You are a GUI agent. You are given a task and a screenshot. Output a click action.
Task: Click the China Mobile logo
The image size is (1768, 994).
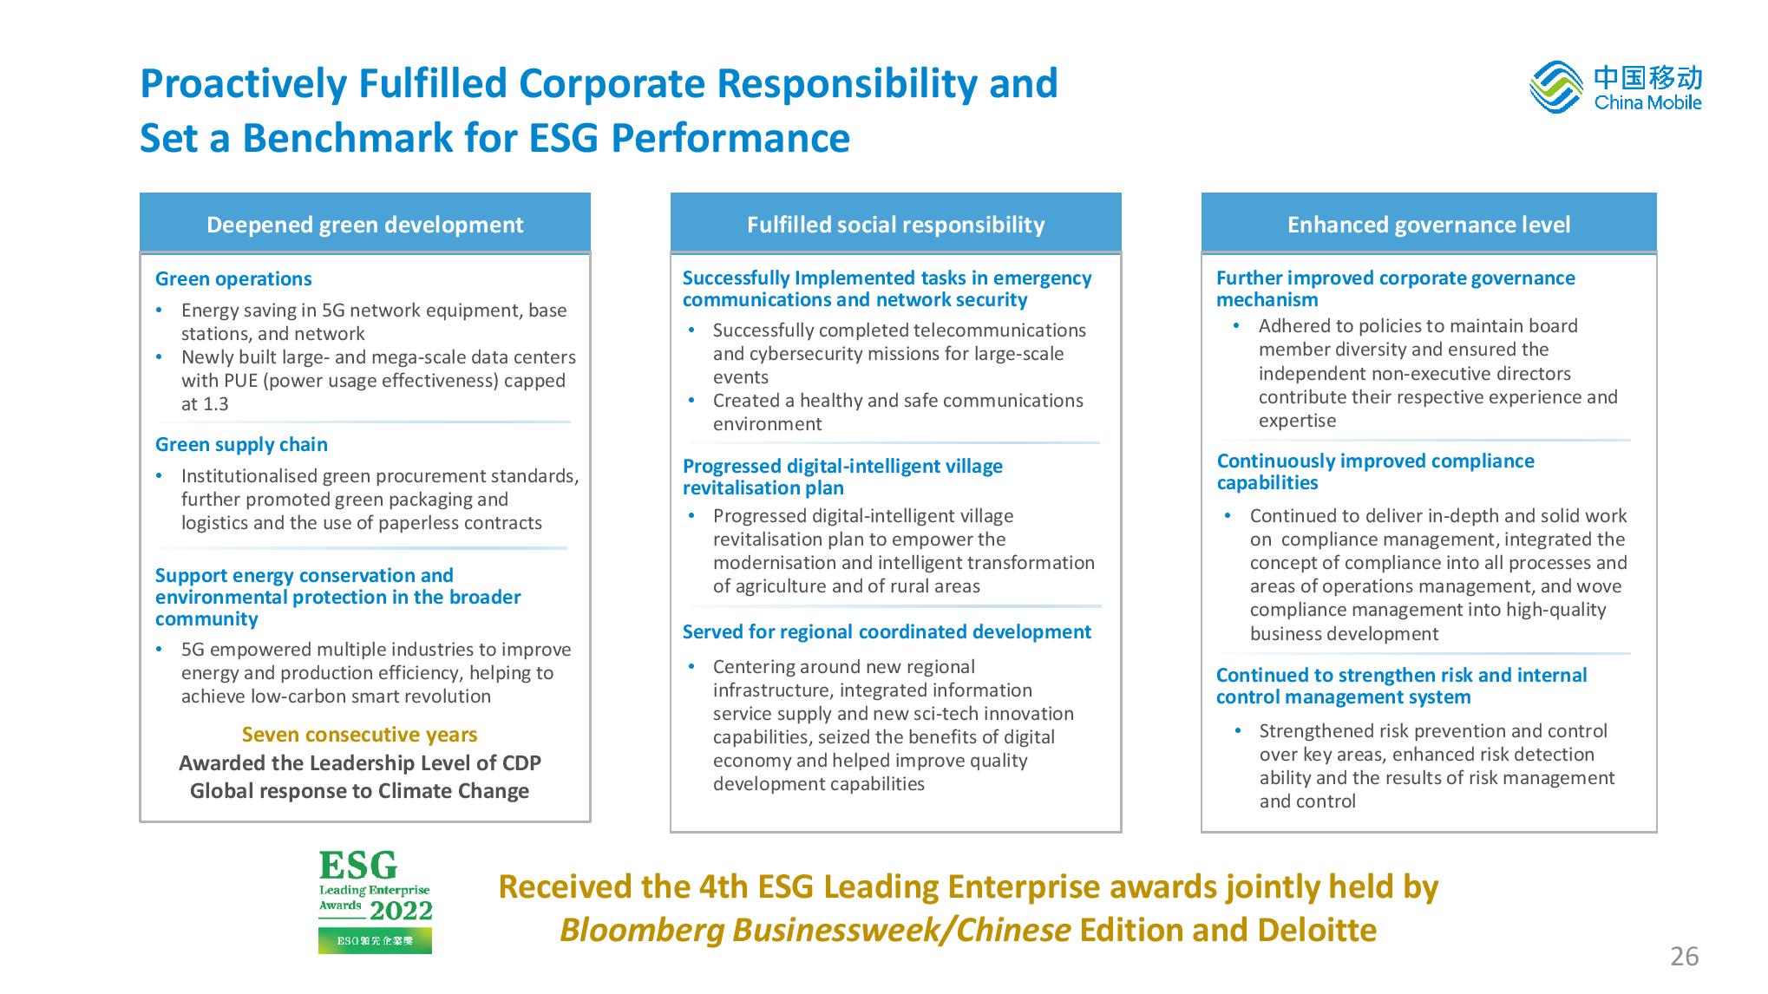pyautogui.click(x=1614, y=87)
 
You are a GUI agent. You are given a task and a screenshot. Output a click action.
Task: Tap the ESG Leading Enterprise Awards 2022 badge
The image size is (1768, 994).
pyautogui.click(x=375, y=901)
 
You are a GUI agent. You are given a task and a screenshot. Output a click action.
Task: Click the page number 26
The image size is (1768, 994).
pyautogui.click(x=1684, y=957)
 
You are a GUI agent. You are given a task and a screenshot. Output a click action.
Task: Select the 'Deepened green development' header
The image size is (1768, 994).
pyautogui.click(x=364, y=224)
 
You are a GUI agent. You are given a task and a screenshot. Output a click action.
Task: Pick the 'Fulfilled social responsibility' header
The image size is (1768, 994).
pyautogui.click(x=895, y=224)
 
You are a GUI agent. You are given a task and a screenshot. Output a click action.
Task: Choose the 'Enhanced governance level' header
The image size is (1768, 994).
pyautogui.click(x=1429, y=224)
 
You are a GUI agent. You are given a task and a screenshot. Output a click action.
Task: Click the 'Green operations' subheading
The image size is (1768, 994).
pyautogui.click(x=233, y=278)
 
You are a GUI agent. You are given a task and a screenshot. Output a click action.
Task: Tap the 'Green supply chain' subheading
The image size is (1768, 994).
pyautogui.click(x=241, y=444)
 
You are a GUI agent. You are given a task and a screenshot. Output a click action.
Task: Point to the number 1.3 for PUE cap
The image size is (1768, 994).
pyautogui.click(x=216, y=404)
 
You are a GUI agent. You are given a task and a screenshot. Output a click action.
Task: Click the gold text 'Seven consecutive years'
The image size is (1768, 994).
pyautogui.click(x=359, y=735)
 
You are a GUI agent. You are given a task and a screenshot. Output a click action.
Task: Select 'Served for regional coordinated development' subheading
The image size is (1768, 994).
pyautogui.click(x=887, y=631)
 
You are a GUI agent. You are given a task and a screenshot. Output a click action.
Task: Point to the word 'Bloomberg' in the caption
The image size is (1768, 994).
pyautogui.click(x=642, y=931)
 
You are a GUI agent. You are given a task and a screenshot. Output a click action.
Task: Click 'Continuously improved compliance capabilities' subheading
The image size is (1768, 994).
pyautogui.click(x=1376, y=472)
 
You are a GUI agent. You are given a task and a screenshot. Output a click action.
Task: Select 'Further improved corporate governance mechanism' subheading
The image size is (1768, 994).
pyautogui.click(x=1396, y=289)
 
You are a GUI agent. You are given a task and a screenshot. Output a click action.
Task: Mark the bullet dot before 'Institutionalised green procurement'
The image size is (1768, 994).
pyautogui.click(x=159, y=476)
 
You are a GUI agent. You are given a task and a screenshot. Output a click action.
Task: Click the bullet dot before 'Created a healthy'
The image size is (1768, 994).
pyautogui.click(x=691, y=401)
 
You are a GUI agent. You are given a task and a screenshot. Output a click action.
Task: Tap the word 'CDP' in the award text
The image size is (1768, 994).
pyautogui.click(x=521, y=763)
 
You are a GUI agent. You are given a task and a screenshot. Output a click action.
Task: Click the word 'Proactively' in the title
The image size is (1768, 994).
pyautogui.click(x=242, y=85)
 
